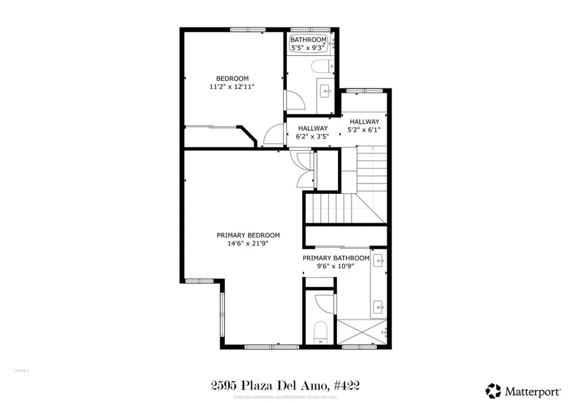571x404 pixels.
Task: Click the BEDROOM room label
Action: (x=233, y=79)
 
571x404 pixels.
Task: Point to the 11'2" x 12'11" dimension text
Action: (x=233, y=87)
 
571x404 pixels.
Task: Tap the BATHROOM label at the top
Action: (x=308, y=40)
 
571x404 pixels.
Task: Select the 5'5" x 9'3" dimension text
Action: (x=308, y=48)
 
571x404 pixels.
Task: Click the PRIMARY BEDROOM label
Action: (x=248, y=235)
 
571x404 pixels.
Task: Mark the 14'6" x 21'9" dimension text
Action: (x=248, y=243)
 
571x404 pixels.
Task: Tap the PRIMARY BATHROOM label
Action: (x=336, y=258)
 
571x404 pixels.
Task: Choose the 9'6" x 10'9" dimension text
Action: (x=336, y=266)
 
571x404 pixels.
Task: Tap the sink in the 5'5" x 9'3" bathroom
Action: (x=325, y=90)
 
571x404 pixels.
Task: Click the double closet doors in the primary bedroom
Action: (x=305, y=169)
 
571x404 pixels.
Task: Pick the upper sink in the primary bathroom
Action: (x=379, y=260)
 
